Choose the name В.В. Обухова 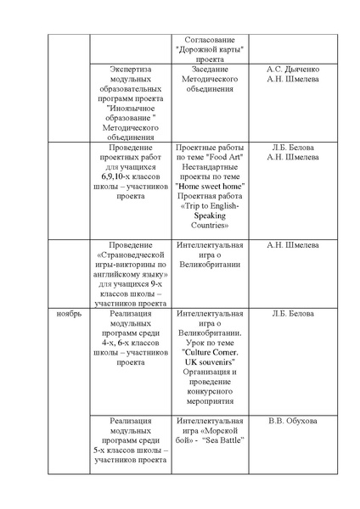(293, 421)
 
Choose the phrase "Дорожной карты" (209, 49)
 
